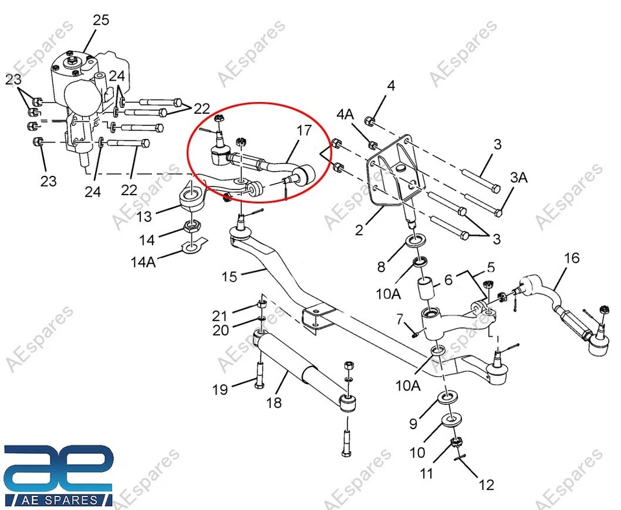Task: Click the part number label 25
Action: point(101,19)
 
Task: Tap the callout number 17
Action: point(304,130)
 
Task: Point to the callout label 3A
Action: point(519,178)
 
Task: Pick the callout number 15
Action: point(230,276)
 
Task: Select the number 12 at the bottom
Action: point(486,483)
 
